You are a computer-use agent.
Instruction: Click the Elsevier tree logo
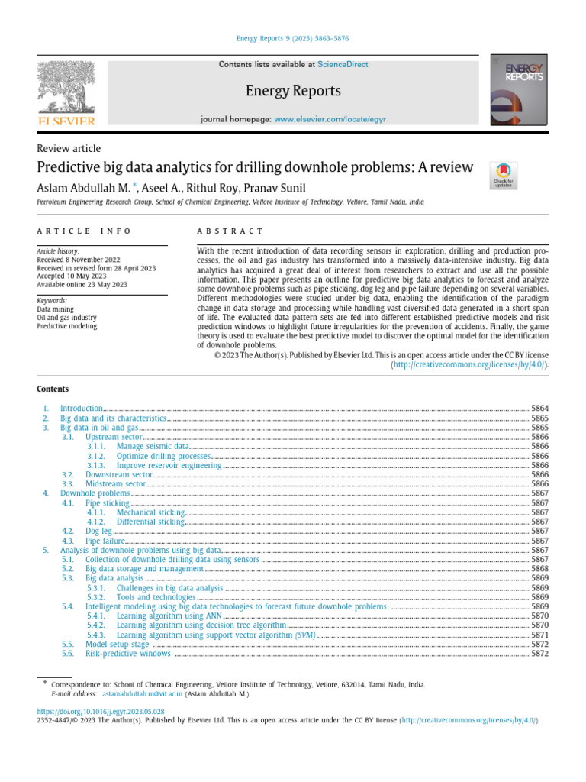(66, 90)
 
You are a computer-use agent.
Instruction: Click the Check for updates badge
(503, 175)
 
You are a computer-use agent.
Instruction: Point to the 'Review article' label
(69, 148)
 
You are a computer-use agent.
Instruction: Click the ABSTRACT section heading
(230, 231)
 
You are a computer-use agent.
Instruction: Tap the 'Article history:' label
(58, 250)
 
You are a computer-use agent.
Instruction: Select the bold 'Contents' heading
(52, 389)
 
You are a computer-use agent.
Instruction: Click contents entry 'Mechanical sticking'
(150, 512)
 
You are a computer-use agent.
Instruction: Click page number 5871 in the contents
(539, 635)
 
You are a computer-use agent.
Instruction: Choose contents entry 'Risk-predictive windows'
(127, 654)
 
